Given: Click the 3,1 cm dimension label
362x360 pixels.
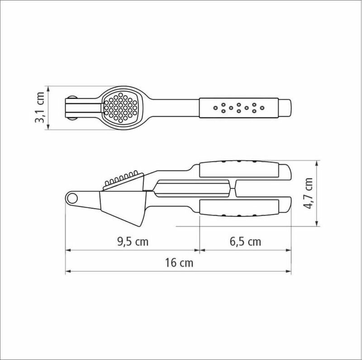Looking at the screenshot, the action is coord(39,107).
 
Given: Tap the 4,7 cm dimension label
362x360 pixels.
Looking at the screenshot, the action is coord(308,194).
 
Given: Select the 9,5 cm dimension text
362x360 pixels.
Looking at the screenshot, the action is coord(133,242).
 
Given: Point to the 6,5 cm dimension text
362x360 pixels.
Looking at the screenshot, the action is coord(245,242).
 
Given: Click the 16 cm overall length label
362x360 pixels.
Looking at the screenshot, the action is coord(179,263).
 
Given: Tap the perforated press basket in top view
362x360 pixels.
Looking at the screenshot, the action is coord(120,108).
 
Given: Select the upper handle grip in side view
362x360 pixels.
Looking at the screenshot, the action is coord(239,170).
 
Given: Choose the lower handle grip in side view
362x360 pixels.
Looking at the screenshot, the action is coord(239,208).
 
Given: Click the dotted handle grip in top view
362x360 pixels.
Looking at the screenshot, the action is coord(239,108).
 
